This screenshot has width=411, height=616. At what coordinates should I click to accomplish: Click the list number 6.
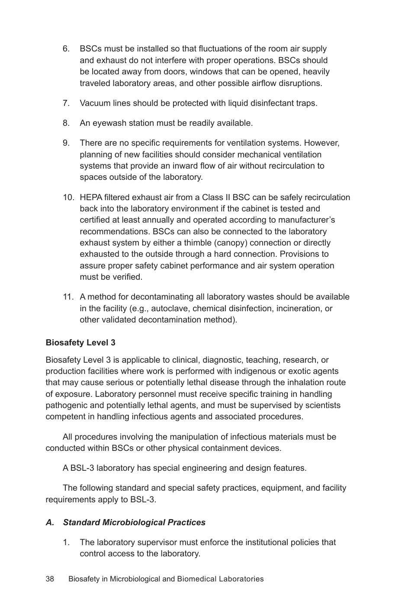[66, 49]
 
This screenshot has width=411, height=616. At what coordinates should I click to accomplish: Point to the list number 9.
[66, 143]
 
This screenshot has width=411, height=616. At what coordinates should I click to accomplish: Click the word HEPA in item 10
[90, 198]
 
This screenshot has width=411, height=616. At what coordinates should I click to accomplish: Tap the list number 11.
[67, 297]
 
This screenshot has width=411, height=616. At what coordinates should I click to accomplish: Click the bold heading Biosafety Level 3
[80, 343]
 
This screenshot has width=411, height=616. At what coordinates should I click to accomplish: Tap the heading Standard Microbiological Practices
[134, 523]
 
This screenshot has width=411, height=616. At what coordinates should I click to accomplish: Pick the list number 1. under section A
[66, 543]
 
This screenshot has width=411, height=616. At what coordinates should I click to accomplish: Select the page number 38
[50, 579]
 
